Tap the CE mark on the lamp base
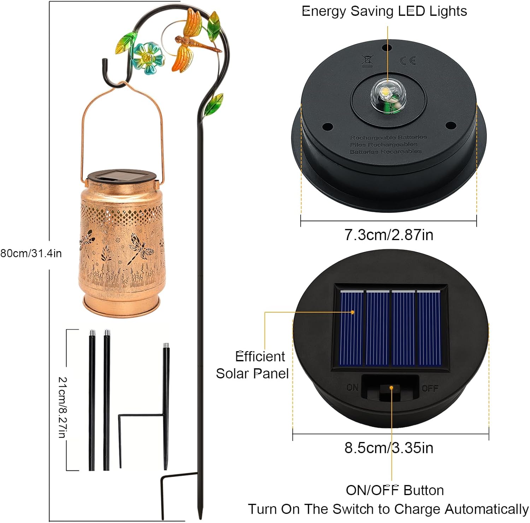[x=407, y=60]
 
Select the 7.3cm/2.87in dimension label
[x=389, y=235]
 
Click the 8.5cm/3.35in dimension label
[x=389, y=448]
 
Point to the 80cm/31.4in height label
[x=31, y=253]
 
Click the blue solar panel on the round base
[x=390, y=328]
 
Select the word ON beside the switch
[x=352, y=388]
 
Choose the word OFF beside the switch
[x=430, y=388]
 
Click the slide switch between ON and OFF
[x=390, y=391]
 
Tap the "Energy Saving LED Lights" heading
[x=384, y=11]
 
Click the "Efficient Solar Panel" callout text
[x=252, y=365]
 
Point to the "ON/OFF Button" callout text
[x=395, y=490]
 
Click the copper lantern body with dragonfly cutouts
[x=122, y=248]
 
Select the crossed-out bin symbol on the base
[x=367, y=61]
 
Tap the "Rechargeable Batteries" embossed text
[x=388, y=137]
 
